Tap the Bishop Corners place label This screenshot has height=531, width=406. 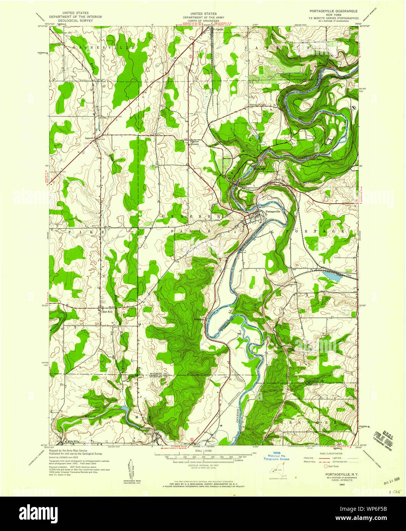pyautogui.click(x=258, y=105)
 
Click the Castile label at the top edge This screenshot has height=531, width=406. pyautogui.click(x=219, y=29)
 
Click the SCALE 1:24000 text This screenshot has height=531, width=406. pyautogui.click(x=203, y=451)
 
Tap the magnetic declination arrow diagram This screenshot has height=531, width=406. pyautogui.click(x=132, y=468)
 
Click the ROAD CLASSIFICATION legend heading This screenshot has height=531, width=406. pyautogui.click(x=331, y=453)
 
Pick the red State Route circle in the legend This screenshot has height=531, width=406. pyautogui.click(x=326, y=466)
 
